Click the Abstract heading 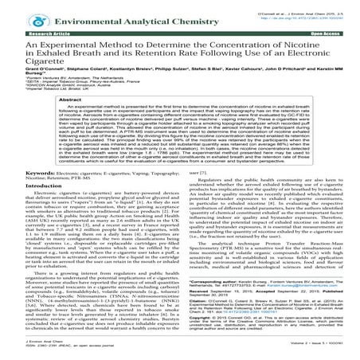click(179, 113)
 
